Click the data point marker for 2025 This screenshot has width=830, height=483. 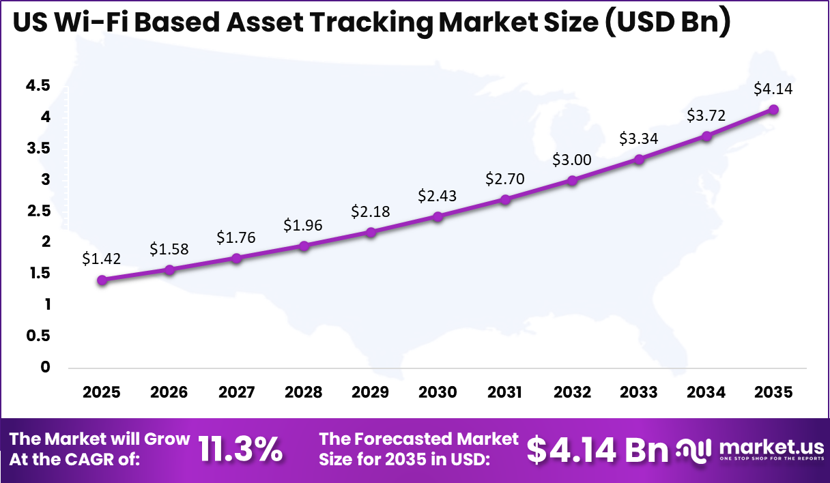pos(102,280)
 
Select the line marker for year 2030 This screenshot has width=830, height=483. pos(438,216)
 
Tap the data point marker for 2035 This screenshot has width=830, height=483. pos(773,109)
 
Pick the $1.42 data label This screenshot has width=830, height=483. pos(101,259)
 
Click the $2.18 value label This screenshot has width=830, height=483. pos(371,211)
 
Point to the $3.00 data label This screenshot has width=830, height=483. pos(572,160)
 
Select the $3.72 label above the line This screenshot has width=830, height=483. pos(706,115)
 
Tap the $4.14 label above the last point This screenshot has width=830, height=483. pos(773,89)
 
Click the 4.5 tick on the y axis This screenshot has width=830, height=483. pos(38,86)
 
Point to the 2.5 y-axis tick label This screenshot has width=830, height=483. pos(38,211)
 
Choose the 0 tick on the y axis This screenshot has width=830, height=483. pos(45,367)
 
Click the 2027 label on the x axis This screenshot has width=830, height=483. pos(236,392)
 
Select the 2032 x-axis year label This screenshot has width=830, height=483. pos(572,392)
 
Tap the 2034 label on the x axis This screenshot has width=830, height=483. pos(706,392)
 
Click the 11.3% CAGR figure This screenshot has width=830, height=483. pos(240,449)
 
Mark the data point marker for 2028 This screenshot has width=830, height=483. pos(304,246)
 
